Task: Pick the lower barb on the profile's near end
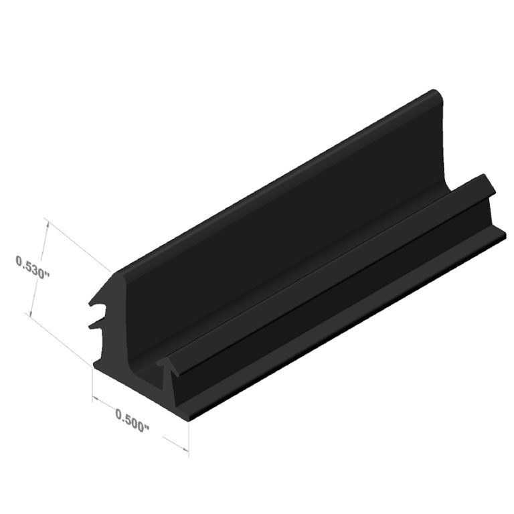point(95,323)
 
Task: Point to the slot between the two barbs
point(100,309)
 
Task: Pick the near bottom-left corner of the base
point(92,367)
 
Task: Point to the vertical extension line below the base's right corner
point(188,438)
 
